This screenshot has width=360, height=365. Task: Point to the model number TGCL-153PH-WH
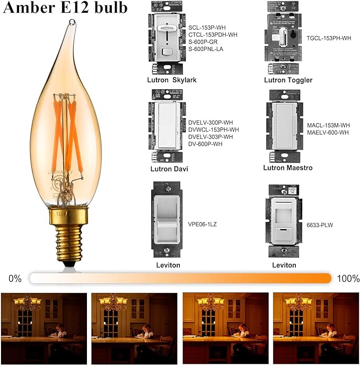[329, 38]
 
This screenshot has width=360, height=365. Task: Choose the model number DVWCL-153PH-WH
[214, 129]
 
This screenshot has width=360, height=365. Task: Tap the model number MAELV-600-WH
[328, 133]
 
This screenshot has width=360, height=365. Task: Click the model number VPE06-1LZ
[203, 224]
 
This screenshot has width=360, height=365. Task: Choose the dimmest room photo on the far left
[43, 323]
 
